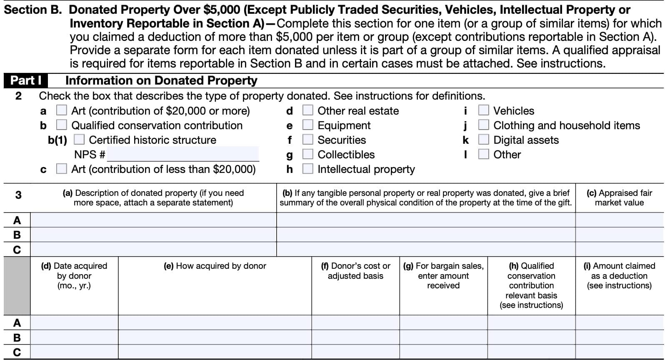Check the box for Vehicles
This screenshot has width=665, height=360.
point(483,110)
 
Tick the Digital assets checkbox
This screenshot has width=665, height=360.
point(483,140)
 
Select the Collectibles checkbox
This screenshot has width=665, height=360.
point(307,154)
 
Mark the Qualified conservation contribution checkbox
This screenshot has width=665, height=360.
point(61,125)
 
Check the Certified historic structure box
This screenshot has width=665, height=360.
point(79,140)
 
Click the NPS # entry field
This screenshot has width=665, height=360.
point(183,154)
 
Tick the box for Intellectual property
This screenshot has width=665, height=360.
point(307,169)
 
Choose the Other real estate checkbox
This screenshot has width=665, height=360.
point(307,110)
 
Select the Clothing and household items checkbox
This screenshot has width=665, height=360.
point(483,125)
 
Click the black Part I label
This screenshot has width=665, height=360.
point(25,80)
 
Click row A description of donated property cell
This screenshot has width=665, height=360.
point(153,220)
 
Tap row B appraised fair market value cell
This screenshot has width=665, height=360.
point(619,235)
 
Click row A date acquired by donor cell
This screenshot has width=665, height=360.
point(74,322)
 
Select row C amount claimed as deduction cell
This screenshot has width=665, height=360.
point(619,352)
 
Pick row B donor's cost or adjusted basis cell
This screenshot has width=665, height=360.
point(355,337)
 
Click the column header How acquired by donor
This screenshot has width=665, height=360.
point(215,266)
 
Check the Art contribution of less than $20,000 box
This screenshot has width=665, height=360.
point(61,169)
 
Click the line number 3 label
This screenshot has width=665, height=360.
point(18,195)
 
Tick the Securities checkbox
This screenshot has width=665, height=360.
point(307,140)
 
